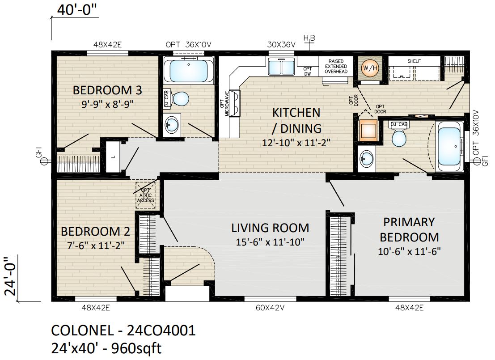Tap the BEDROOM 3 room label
point(107,90)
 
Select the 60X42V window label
point(270,308)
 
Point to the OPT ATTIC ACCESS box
point(145,195)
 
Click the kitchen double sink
point(281,67)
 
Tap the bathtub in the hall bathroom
point(188,71)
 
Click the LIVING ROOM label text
point(270,228)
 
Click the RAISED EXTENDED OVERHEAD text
point(336,66)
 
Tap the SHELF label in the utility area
point(414,61)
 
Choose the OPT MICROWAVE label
point(224,104)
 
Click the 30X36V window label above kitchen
point(281,45)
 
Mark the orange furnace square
point(368,130)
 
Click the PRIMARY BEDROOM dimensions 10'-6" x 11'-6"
point(409,252)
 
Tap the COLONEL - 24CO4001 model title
point(123,330)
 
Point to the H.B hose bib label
point(309,38)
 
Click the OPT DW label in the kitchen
point(308,72)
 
